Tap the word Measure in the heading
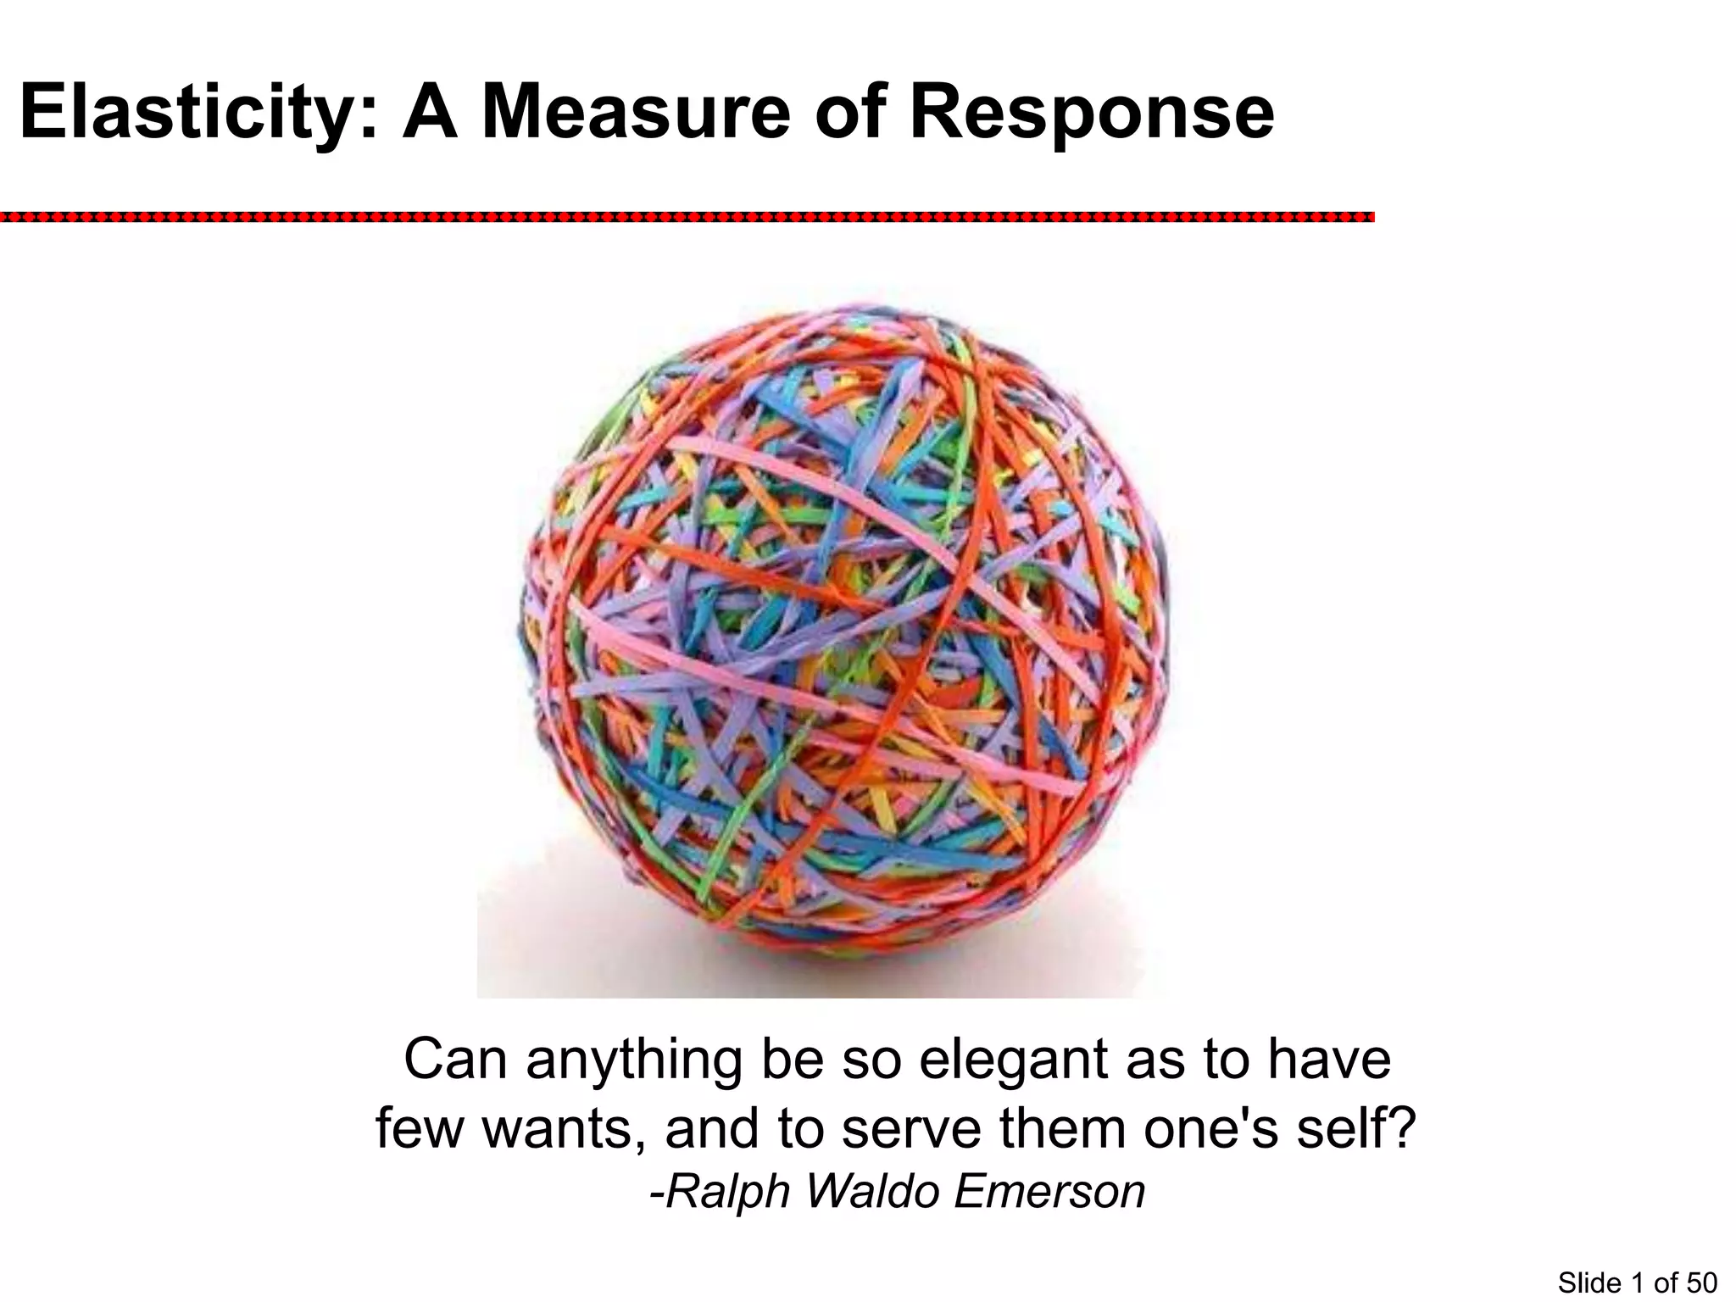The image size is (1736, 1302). click(636, 113)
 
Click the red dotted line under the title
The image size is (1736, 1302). click(687, 218)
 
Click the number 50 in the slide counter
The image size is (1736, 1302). click(1701, 1283)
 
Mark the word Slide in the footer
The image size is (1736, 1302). click(1589, 1283)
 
